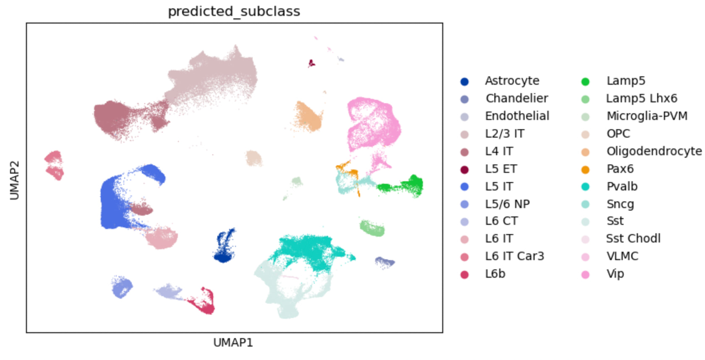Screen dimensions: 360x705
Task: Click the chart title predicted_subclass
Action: tap(234, 11)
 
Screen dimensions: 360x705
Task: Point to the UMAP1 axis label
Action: tap(233, 343)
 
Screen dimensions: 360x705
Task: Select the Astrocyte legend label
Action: tap(512, 81)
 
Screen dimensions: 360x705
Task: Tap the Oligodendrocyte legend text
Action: tap(654, 151)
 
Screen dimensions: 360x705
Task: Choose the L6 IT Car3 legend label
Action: tap(514, 256)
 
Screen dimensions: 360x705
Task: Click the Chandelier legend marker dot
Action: tap(465, 99)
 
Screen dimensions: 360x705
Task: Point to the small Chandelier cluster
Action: tap(384, 262)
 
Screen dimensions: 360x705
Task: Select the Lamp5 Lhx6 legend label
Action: tap(641, 98)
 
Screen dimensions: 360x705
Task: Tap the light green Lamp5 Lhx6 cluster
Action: tap(372, 228)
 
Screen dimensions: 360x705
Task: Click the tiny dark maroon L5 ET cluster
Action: tap(311, 63)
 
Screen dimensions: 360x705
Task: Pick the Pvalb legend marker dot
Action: tap(585, 187)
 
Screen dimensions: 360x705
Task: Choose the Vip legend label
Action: tap(615, 274)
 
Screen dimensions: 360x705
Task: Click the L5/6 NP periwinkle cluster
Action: tap(122, 287)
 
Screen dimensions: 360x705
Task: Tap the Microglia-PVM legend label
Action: tap(647, 116)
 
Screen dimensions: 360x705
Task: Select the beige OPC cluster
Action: tap(254, 159)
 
